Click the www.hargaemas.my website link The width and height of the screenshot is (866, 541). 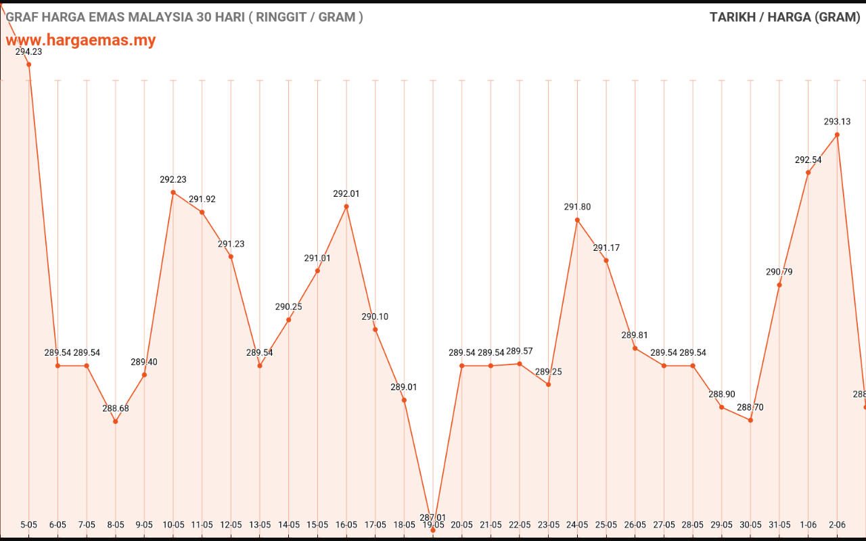click(81, 41)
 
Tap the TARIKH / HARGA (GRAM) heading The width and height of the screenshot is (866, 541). click(785, 18)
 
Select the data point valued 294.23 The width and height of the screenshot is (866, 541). click(28, 64)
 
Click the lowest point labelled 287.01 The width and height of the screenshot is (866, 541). click(433, 530)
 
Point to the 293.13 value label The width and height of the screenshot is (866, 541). click(837, 122)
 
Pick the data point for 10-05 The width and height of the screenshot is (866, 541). click(173, 192)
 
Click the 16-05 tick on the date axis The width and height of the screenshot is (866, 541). click(346, 525)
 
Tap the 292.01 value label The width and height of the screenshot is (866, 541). click(346, 193)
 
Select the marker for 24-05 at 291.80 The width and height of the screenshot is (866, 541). click(577, 220)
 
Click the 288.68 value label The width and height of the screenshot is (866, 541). click(116, 408)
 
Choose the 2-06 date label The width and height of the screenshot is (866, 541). click(837, 525)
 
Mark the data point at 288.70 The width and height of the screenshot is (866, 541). click(750, 420)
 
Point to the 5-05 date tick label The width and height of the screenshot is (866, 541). click(28, 525)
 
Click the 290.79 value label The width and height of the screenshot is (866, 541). click(779, 272)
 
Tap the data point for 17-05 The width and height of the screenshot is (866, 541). click(375, 329)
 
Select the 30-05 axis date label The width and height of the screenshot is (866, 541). click(750, 525)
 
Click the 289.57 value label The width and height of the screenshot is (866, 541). click(520, 351)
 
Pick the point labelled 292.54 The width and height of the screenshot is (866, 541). click(808, 172)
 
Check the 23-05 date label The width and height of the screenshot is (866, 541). click(549, 525)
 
